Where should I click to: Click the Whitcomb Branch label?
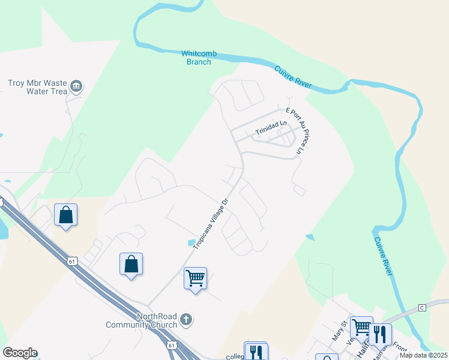click(196, 58)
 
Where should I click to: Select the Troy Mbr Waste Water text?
click(37, 88)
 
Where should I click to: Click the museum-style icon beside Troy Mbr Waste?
click(76, 86)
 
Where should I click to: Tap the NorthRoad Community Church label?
click(141, 320)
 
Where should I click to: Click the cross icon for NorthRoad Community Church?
click(186, 319)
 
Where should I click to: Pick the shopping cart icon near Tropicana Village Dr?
click(195, 278)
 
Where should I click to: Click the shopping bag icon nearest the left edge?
click(65, 215)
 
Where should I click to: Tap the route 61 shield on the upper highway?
click(73, 261)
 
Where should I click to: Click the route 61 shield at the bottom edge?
click(172, 345)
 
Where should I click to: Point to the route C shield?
click(421, 308)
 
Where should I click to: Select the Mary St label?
click(340, 330)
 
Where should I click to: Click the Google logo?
click(20, 353)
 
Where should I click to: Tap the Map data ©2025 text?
click(423, 355)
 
